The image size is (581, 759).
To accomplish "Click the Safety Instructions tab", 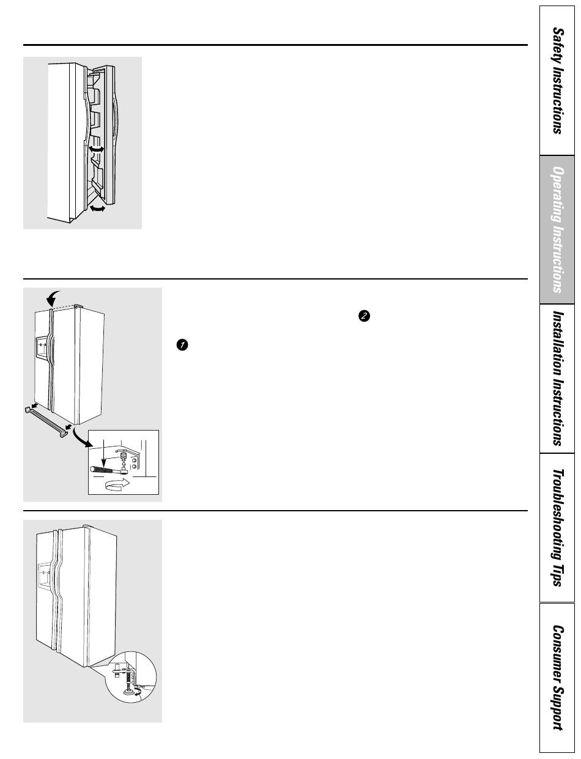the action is click(557, 81).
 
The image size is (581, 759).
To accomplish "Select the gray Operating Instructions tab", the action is click(557, 229).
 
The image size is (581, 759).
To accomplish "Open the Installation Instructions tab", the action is click(557, 379).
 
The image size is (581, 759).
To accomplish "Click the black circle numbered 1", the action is click(182, 345).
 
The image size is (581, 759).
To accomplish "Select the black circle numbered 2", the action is click(364, 316).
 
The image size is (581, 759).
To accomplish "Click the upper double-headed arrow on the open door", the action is click(97, 149).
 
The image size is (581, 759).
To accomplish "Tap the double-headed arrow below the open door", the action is click(97, 209).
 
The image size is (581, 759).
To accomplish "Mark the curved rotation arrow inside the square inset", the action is click(117, 484).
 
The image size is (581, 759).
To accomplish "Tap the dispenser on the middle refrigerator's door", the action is click(42, 348).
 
